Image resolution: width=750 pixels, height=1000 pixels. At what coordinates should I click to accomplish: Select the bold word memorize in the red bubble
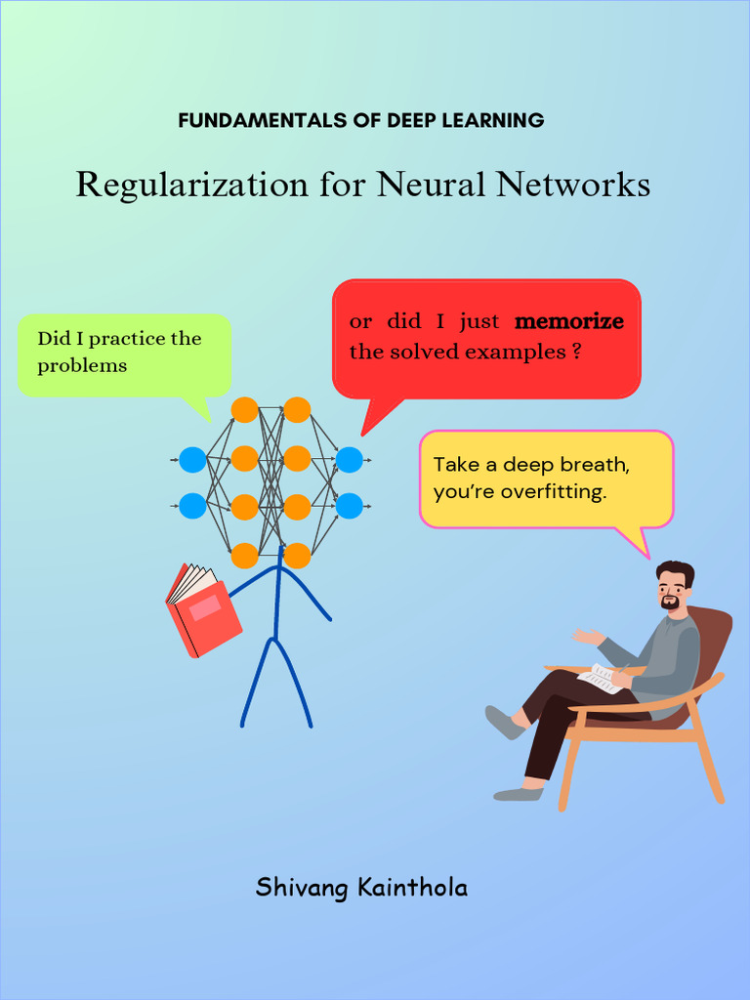(568, 321)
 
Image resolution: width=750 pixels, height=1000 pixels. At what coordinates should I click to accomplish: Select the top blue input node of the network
(193, 458)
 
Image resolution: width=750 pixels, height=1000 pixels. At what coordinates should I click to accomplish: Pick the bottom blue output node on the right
(349, 506)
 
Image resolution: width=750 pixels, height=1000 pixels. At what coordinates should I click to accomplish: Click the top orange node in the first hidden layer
(244, 410)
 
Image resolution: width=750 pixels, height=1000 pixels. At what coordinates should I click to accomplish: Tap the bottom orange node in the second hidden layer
(297, 555)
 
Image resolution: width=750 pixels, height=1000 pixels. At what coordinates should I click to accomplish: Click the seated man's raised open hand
(587, 636)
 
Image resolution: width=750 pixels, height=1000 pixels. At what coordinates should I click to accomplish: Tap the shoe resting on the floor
(517, 794)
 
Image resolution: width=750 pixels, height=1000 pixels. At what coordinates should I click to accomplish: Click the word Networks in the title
(573, 184)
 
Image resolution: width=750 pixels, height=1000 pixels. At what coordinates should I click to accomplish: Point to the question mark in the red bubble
(577, 353)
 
